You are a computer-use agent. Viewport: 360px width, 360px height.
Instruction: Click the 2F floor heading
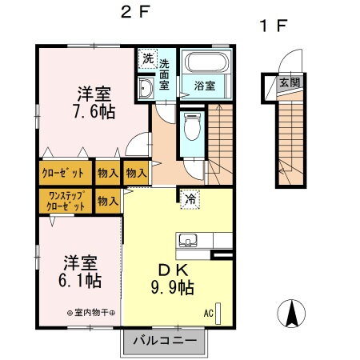point(135,12)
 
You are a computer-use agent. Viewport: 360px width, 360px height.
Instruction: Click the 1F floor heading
point(274,26)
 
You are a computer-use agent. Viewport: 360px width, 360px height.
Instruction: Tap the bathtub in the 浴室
point(207,62)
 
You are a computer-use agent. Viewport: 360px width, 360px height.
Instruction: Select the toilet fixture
point(192,126)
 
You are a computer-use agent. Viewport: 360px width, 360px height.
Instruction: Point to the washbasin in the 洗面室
point(146,88)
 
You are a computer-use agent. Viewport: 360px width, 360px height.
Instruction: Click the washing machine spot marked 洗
point(148,58)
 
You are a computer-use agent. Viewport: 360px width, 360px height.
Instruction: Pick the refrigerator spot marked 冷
point(190,199)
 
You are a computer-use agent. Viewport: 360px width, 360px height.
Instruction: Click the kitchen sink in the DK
point(188,240)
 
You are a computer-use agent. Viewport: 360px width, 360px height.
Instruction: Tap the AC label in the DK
point(209,313)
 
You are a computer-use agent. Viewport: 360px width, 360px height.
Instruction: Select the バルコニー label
point(165,341)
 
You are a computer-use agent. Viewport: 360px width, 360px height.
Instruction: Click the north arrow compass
point(291,314)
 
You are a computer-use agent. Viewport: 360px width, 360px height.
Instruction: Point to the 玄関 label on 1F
point(290,82)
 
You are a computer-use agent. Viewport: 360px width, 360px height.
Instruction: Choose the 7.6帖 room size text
point(94,112)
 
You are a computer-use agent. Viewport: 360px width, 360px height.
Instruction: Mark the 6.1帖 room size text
point(80,281)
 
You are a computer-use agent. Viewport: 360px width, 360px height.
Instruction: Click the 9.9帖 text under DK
point(173,287)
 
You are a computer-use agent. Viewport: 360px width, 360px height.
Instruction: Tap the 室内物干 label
point(91,313)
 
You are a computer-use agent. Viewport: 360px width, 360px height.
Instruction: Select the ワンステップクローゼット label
point(66,201)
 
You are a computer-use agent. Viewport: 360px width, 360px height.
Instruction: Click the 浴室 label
point(205,86)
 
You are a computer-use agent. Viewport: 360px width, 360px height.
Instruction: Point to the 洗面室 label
point(164,74)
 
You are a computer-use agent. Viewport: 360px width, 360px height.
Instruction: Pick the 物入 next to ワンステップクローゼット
point(108,201)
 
